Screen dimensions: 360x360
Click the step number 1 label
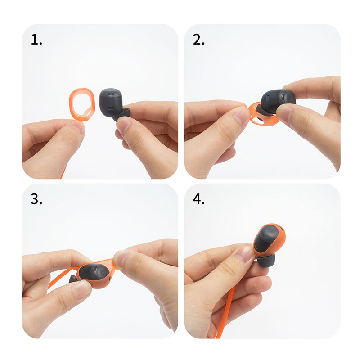point(36,40)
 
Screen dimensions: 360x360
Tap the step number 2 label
point(198,40)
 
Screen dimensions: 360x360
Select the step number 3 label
point(36,199)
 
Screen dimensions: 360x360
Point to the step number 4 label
point(198,199)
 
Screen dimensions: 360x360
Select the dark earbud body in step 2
point(278,100)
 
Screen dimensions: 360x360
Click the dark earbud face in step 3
point(94,273)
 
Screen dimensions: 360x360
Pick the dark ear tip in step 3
point(73,279)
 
